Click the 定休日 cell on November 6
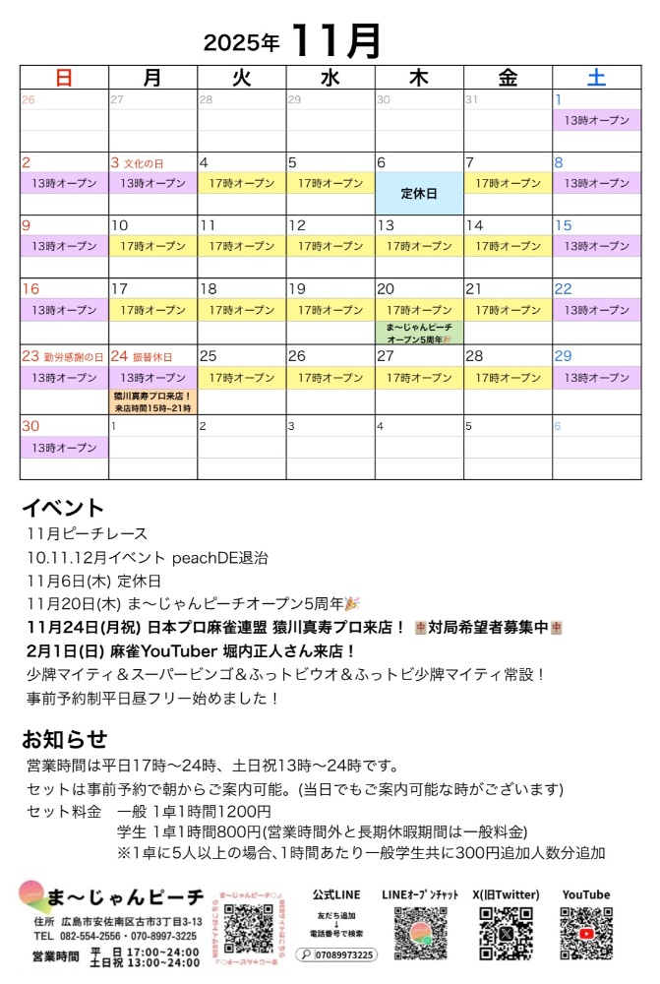coord(419,193)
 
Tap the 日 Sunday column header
coord(64,78)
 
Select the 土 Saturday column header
coord(596,78)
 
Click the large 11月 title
coord(335,40)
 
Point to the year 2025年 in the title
coord(241,43)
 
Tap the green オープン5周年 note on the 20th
coord(419,333)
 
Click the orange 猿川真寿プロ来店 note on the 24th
coord(152,401)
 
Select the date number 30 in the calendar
coord(30,426)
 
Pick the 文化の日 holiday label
coord(143,162)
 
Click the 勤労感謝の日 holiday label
coord(73,356)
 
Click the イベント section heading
coord(62,508)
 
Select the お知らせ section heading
coord(64,739)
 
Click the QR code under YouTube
coord(585,932)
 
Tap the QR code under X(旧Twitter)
coord(507,932)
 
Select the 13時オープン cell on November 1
coord(596,120)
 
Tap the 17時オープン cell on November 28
coord(508,378)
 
